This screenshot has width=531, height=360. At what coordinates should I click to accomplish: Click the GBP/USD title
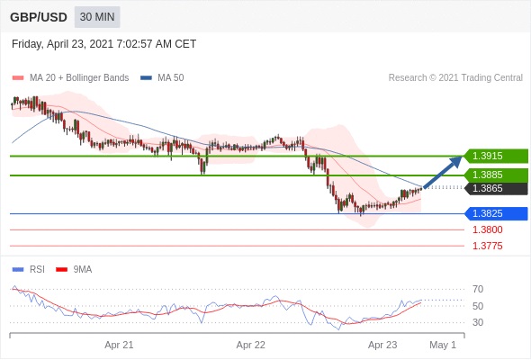(x=39, y=17)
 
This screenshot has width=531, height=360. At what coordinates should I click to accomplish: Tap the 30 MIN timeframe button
(x=97, y=17)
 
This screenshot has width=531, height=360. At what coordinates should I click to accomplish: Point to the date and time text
(x=104, y=44)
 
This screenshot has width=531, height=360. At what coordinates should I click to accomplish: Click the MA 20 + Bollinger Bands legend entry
(x=70, y=78)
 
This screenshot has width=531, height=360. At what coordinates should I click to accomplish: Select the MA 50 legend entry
(x=162, y=78)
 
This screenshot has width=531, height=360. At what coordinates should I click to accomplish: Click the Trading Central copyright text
(x=455, y=78)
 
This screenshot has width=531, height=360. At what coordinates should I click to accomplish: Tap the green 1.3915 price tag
(x=497, y=156)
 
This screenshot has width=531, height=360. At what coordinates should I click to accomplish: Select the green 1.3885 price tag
(x=497, y=175)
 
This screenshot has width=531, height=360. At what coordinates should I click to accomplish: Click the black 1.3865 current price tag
(x=497, y=188)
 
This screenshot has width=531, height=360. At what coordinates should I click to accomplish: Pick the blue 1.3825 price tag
(x=497, y=213)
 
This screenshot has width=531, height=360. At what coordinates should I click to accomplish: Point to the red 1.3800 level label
(x=488, y=230)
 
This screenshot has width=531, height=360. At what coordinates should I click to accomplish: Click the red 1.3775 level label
(x=488, y=246)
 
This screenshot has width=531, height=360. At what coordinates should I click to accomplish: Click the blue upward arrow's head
(x=456, y=160)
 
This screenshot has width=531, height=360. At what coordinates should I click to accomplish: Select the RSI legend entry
(x=28, y=270)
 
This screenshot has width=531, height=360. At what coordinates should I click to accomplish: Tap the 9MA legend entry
(x=74, y=270)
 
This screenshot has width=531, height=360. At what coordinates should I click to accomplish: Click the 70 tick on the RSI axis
(x=478, y=289)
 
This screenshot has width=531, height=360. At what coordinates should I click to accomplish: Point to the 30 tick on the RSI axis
(x=478, y=322)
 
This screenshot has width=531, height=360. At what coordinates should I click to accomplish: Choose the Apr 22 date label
(x=250, y=345)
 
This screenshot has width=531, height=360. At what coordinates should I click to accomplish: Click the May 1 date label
(x=443, y=345)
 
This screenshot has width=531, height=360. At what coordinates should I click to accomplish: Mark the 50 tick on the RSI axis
(x=478, y=306)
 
